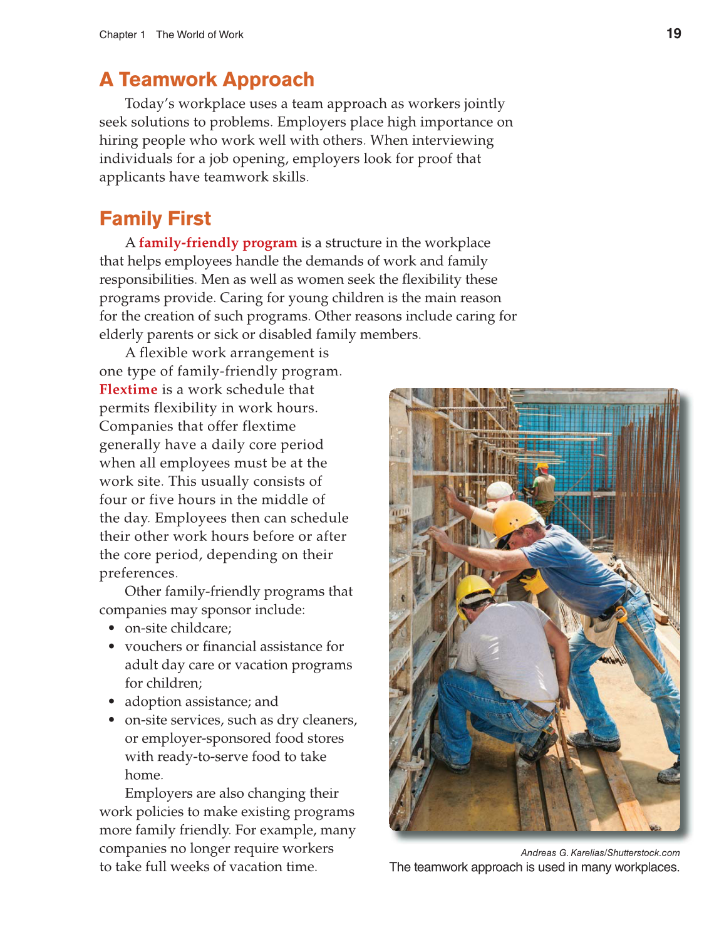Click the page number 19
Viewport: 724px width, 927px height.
(673, 34)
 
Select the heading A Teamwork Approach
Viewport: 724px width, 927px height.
(207, 80)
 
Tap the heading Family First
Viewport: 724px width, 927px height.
(155, 219)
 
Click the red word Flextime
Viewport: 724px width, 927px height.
(128, 389)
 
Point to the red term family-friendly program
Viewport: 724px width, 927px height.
(218, 243)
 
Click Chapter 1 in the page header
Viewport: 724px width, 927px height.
(122, 35)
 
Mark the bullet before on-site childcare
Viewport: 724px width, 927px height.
(111, 628)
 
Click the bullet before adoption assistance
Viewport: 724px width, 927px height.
(111, 701)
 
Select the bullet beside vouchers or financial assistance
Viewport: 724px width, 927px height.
(111, 646)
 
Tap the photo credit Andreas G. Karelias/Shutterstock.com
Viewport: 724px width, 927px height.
(600, 852)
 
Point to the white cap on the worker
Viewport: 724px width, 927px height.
(499, 490)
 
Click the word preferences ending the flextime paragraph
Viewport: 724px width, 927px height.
(138, 573)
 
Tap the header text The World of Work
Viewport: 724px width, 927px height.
(200, 35)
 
